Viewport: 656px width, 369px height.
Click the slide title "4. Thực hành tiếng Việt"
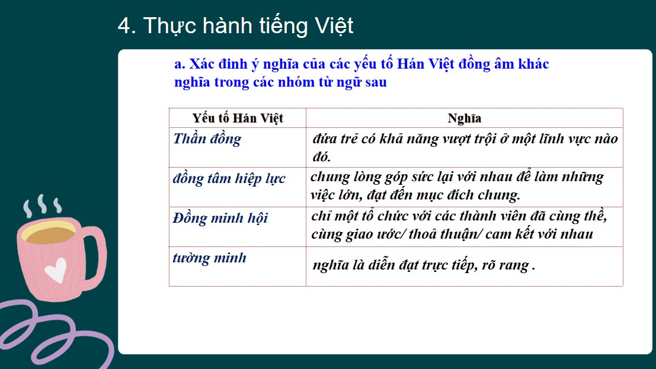click(235, 26)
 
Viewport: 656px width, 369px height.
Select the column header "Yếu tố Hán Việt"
click(238, 118)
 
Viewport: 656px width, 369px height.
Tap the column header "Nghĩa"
click(464, 118)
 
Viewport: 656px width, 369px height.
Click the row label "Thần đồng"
click(207, 139)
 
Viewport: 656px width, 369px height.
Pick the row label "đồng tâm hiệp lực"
click(229, 178)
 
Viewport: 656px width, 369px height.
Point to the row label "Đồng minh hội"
click(220, 218)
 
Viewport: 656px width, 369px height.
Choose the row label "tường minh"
click(209, 258)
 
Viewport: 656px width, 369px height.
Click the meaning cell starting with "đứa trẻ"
click(465, 147)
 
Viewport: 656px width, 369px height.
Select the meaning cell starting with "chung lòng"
click(456, 185)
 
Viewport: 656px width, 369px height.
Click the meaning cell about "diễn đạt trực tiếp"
click(424, 265)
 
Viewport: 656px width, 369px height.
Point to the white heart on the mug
click(56, 271)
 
